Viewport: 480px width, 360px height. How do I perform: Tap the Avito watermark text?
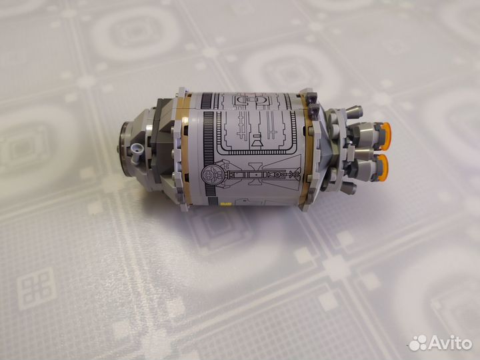[450, 343]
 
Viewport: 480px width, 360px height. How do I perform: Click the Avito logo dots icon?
[418, 343]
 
